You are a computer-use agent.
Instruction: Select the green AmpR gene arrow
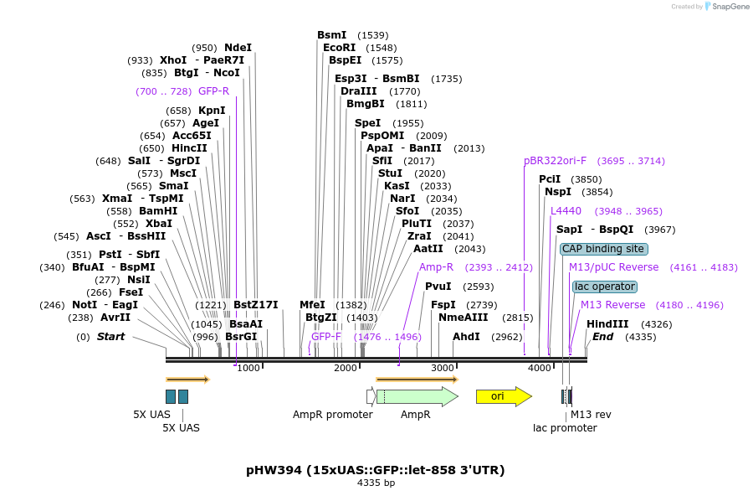[416, 396]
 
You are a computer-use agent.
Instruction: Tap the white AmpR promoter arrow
[371, 396]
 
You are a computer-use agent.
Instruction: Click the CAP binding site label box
[603, 249]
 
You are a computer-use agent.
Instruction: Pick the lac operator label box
[604, 287]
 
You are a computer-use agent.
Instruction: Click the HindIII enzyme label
[607, 324]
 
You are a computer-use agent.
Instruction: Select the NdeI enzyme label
[238, 48]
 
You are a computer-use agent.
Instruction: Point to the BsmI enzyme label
[331, 35]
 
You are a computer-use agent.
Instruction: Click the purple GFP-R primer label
[213, 91]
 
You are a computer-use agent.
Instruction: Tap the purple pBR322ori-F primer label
[555, 161]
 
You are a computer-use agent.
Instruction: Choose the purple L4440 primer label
[566, 211]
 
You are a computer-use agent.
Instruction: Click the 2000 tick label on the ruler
[346, 369]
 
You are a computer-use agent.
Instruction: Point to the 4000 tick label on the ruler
[539, 369]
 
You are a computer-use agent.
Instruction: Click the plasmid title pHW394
[376, 469]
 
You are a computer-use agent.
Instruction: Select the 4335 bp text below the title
[376, 483]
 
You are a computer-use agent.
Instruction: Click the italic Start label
[110, 337]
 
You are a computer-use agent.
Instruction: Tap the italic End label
[602, 337]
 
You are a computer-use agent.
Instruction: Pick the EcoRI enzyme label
[339, 48]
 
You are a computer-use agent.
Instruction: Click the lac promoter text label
[565, 428]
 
